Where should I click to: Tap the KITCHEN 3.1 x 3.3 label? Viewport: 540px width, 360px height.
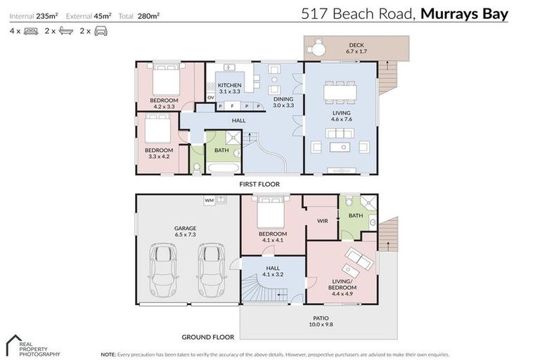coord(229,88)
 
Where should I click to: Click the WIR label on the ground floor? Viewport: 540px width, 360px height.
coord(323,221)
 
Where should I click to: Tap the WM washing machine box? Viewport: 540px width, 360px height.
coord(209,200)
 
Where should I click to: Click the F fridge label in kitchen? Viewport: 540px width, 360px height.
coord(233,107)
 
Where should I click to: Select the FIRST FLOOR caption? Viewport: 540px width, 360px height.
coord(259,184)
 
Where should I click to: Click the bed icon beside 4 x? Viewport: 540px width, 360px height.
coord(30,31)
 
